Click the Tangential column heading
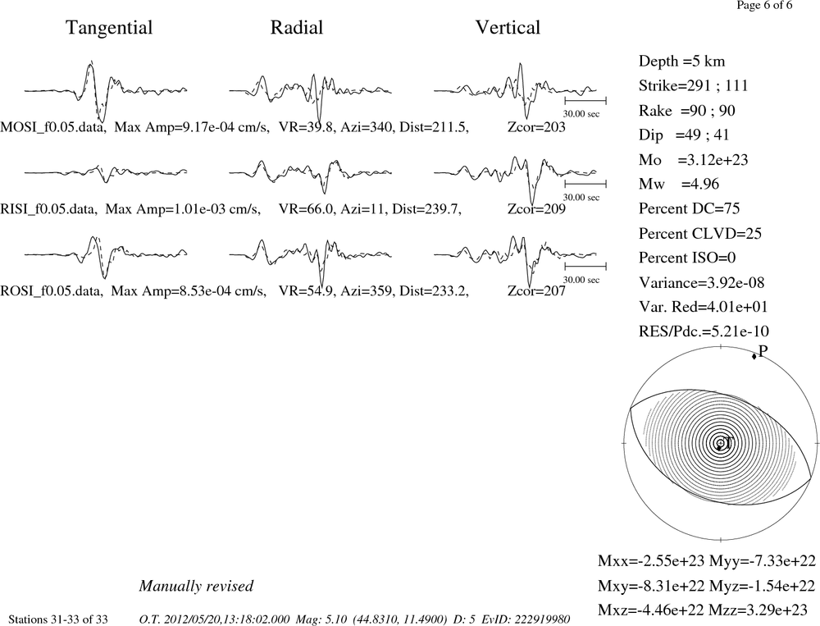pos(109,28)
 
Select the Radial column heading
pos(297,27)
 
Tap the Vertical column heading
pos(508,27)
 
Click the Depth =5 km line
pos(681,62)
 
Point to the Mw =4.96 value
pos(678,184)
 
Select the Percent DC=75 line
pos(689,208)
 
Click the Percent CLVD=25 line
pos(699,233)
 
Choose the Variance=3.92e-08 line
pos(701,282)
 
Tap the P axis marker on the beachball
pos(754,356)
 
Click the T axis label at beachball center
pos(728,443)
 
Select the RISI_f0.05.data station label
pos(48,209)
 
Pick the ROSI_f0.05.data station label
pos(51,290)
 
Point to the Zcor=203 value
pos(536,127)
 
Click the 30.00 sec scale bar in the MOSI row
pos(585,101)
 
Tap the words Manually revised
pos(196,586)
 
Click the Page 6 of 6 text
pos(764,5)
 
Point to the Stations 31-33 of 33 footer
pos(58,619)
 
